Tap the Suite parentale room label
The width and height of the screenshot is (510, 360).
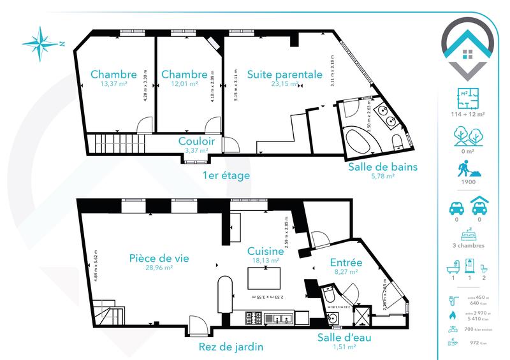pyautogui.click(x=284, y=74)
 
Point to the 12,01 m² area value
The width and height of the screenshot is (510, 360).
pyautogui.click(x=184, y=83)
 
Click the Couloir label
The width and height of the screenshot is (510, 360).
pyautogui.click(x=196, y=141)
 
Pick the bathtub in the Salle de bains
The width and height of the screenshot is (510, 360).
pyautogui.click(x=362, y=138)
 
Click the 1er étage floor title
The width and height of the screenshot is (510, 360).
pyautogui.click(x=226, y=175)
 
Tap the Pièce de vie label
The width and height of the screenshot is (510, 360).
pyautogui.click(x=159, y=258)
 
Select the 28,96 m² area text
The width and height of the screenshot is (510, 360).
pyautogui.click(x=159, y=268)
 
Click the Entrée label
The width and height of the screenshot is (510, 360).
pyautogui.click(x=346, y=263)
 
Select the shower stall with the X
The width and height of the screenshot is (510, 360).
pyautogui.click(x=360, y=316)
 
